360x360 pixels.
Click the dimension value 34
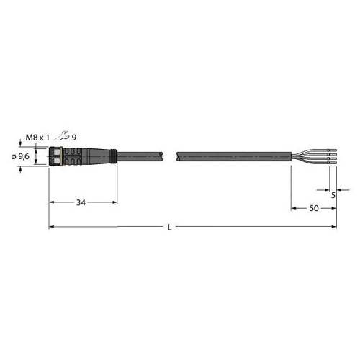81,203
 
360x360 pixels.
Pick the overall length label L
169,228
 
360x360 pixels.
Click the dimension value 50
314,209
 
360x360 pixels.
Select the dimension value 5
333,195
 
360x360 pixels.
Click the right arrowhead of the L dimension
334,228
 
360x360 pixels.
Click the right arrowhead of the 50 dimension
334,209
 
